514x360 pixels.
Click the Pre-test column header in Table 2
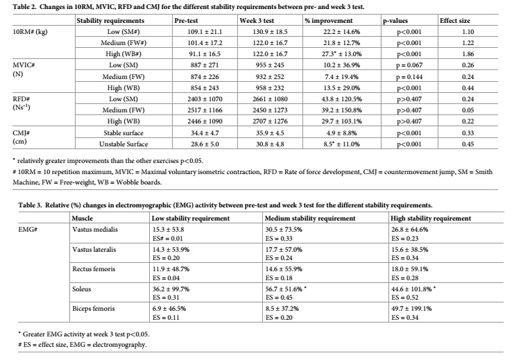click(186, 21)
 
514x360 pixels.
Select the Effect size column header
click(454, 21)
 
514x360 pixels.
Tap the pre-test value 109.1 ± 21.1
click(205, 32)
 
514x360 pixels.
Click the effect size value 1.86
click(468, 54)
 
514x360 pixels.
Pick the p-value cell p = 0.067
click(409, 65)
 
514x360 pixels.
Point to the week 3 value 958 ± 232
click(270, 88)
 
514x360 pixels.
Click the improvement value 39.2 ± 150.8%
click(341, 110)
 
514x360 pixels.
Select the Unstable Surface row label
click(123, 144)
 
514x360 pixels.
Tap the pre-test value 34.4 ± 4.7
click(205, 132)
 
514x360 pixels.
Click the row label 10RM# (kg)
click(30, 32)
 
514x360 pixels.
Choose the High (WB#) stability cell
click(123, 54)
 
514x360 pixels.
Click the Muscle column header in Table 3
click(83, 218)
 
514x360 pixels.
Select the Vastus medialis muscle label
click(95, 230)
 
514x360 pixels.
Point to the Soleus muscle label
click(82, 289)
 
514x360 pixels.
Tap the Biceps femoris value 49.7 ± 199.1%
click(411, 309)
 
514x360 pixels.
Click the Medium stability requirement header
click(310, 218)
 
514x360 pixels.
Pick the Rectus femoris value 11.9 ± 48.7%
click(171, 269)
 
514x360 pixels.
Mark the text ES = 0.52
click(404, 298)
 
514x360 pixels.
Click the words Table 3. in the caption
click(30, 205)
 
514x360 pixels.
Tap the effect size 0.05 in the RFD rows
click(468, 110)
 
